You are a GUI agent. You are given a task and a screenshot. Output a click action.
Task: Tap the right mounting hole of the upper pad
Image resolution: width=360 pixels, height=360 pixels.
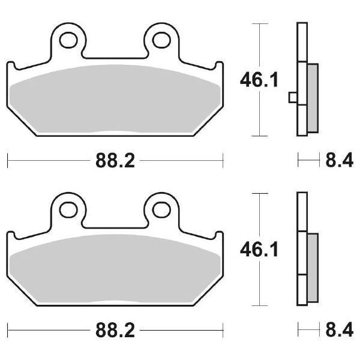tap(160, 40)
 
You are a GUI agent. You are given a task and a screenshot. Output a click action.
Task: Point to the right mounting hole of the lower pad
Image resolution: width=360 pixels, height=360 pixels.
tap(160, 209)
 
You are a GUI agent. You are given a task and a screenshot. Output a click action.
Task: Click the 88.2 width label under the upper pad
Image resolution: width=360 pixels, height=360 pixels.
tap(114, 160)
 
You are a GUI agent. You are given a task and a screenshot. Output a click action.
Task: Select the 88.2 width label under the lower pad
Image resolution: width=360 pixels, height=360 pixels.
tap(114, 329)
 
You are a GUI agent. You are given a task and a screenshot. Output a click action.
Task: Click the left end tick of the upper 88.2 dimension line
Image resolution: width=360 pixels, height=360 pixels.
tap(7, 160)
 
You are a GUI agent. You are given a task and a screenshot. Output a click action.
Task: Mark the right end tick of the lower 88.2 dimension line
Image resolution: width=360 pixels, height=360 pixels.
tap(223, 329)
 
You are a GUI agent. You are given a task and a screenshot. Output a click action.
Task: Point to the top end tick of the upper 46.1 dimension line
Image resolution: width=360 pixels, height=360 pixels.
tap(259, 24)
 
